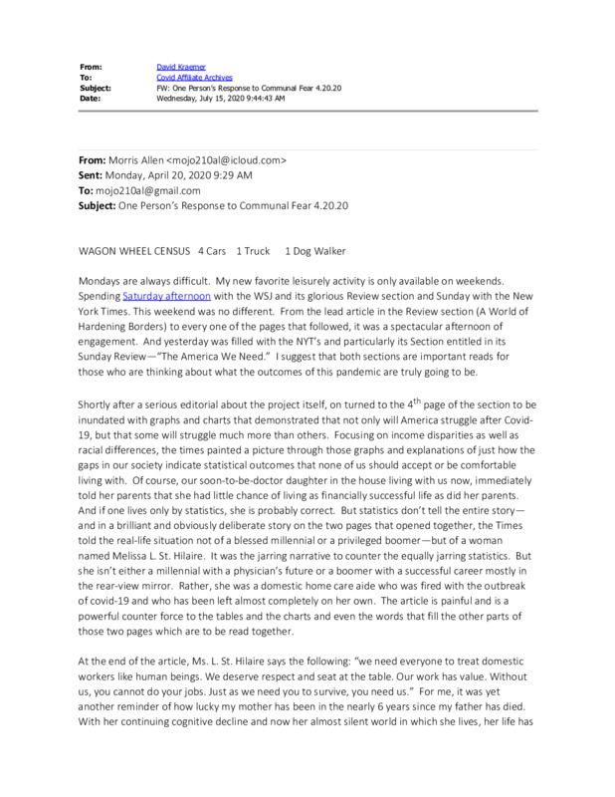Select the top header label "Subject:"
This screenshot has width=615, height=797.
(98, 87)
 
